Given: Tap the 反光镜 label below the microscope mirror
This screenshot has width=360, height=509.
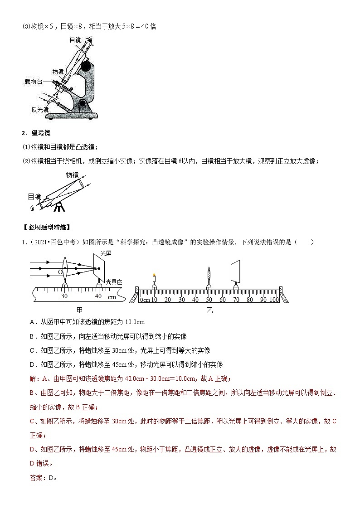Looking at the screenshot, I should [x=40, y=109].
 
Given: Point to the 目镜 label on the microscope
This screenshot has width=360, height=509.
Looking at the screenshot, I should [x=75, y=40].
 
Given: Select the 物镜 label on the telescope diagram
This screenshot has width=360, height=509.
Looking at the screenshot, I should [x=72, y=175].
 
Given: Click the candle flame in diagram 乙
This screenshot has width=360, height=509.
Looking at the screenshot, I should [x=154, y=275].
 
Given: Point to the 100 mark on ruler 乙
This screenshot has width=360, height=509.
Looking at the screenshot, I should [x=274, y=300].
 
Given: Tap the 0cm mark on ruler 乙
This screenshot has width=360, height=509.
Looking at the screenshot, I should [x=145, y=300].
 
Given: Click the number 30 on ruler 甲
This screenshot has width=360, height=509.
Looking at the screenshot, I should [x=64, y=296].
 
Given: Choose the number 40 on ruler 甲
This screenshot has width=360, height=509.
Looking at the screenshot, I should [x=98, y=296].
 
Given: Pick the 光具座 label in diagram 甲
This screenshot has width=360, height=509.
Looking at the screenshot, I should [x=114, y=282].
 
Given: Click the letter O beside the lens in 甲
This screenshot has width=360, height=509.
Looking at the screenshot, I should [x=60, y=272].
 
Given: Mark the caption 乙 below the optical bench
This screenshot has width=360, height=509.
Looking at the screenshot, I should [x=209, y=311].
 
